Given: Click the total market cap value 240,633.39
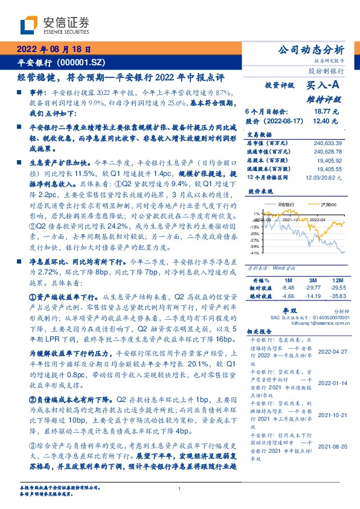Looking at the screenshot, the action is point(327,143).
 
